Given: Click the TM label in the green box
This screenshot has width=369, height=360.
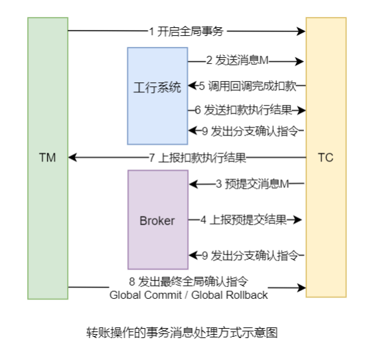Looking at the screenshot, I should [47, 157].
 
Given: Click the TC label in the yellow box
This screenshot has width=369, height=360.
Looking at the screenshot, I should [325, 157].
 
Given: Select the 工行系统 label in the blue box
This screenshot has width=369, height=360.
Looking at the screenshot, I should [157, 88].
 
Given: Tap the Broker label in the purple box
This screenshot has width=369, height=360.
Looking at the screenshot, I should [157, 221].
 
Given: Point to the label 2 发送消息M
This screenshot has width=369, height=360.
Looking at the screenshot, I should [237, 61].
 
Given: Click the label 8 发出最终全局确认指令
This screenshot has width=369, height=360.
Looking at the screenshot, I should [188, 282].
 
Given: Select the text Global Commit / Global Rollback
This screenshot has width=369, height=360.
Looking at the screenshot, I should [188, 294].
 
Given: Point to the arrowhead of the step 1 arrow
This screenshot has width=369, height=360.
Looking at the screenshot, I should [301, 31].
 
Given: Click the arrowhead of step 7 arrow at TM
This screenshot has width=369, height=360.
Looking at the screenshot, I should [73, 157].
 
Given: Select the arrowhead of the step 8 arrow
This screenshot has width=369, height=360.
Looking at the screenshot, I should [301, 288].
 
